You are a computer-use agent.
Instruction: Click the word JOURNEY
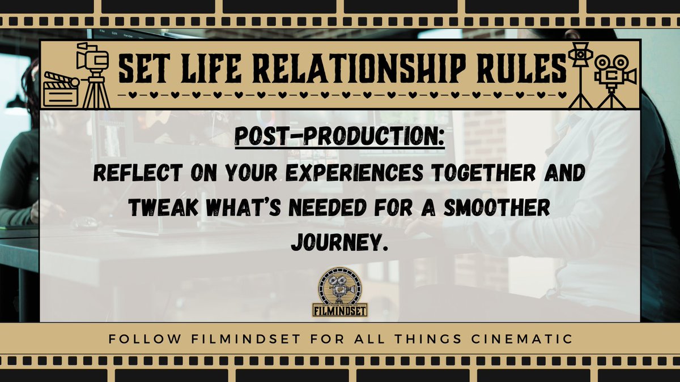pyautogui.click(x=339, y=242)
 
